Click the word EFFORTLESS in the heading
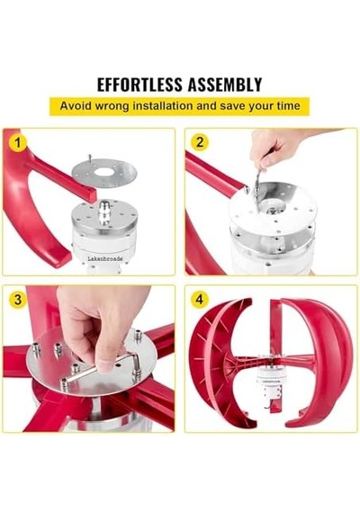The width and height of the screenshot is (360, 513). click(139, 85)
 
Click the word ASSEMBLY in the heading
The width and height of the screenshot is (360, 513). click(225, 85)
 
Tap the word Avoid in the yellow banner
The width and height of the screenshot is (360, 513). click(72, 105)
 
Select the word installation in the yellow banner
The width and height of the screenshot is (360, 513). click(162, 105)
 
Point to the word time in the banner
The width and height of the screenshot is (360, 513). click(288, 105)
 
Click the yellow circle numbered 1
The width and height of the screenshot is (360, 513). click(18, 142)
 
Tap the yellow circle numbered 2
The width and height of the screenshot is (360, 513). click(199, 142)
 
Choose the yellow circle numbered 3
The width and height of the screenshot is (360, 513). click(18, 300)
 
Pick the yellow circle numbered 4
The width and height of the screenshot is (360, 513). click(199, 299)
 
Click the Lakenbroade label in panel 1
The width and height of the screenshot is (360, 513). click(105, 259)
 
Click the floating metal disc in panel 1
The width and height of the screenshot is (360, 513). click(104, 173)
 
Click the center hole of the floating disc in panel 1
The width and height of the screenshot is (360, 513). click(104, 173)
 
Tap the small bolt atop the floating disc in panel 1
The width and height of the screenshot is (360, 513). click(89, 157)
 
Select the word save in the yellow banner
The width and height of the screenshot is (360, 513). click(231, 105)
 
